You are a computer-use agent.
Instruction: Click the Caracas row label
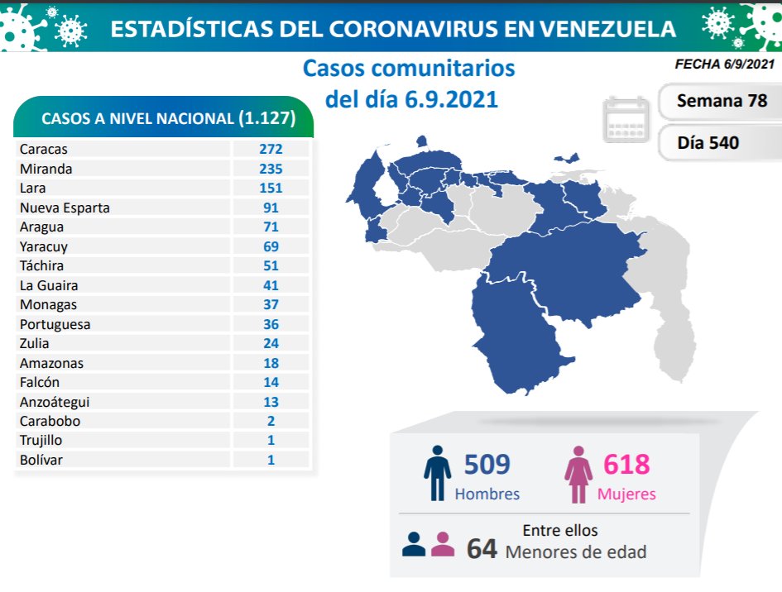(44, 150)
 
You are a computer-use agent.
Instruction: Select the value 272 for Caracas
(271, 150)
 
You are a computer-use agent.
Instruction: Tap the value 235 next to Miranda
(271, 169)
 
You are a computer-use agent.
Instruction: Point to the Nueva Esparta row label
(65, 208)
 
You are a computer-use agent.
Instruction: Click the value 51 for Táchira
(271, 265)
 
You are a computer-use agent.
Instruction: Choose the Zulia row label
(35, 343)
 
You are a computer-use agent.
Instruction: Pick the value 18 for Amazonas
(271, 363)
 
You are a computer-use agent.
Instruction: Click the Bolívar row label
(41, 460)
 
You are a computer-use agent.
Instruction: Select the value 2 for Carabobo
(271, 421)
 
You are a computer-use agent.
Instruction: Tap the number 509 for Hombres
(487, 465)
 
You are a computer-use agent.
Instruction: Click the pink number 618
(626, 465)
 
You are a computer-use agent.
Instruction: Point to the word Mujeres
(626, 494)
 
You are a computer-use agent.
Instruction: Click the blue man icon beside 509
(437, 474)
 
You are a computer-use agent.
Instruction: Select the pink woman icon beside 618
(578, 474)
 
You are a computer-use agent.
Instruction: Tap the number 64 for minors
(482, 550)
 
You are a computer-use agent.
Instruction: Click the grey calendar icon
(626, 119)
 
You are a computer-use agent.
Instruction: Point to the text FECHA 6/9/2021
(726, 64)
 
